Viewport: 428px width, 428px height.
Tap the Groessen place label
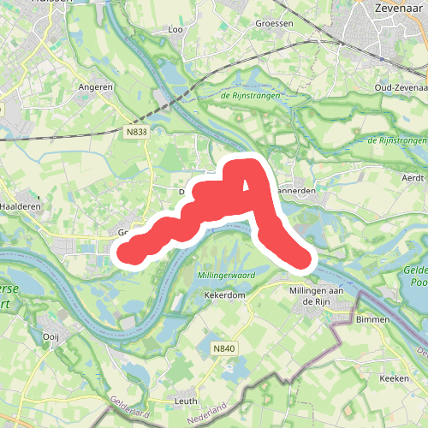point(274,24)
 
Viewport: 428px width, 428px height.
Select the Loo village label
point(177,30)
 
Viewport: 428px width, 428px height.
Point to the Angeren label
point(95,87)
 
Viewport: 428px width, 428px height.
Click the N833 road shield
point(135,132)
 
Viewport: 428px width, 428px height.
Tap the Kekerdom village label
point(225,294)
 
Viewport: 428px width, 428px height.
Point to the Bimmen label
point(373,319)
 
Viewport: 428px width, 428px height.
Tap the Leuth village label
point(186,401)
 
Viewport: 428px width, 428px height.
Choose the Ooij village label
point(51,337)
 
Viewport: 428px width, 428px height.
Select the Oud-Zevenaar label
point(401,87)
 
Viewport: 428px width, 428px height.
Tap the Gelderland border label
point(128,410)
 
